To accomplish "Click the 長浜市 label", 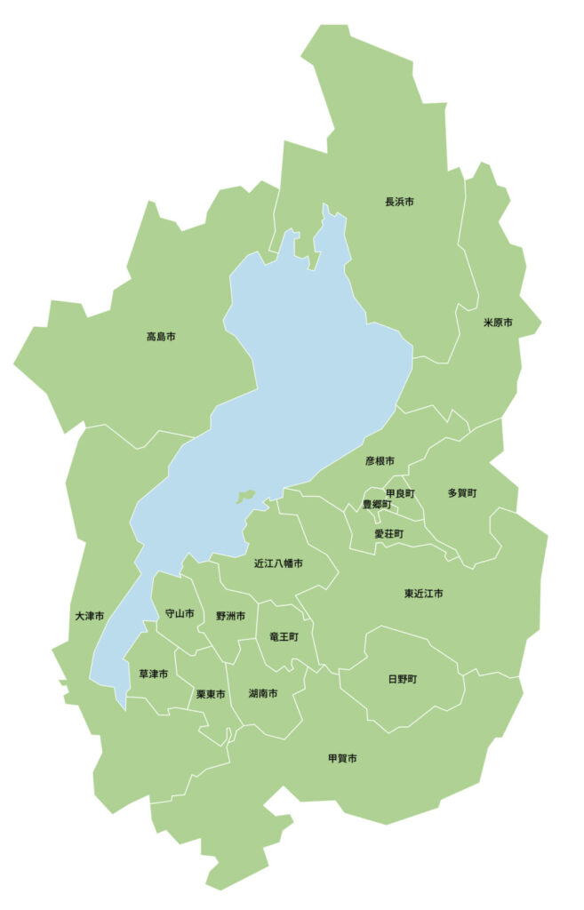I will pyautogui.click(x=399, y=202).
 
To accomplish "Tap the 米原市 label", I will pyautogui.click(x=498, y=322).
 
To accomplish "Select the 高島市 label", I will pyautogui.click(x=161, y=337).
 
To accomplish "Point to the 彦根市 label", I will pyautogui.click(x=380, y=461).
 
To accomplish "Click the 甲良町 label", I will pyautogui.click(x=399, y=492).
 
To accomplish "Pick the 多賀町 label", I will pyautogui.click(x=462, y=492).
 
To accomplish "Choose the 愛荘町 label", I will pyautogui.click(x=388, y=534).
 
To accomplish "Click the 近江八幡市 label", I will pyautogui.click(x=278, y=563).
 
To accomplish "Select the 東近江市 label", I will pyautogui.click(x=423, y=593).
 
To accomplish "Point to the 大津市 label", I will pyautogui.click(x=90, y=616).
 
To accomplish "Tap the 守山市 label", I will pyautogui.click(x=180, y=613).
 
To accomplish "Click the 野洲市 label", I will pyautogui.click(x=230, y=616).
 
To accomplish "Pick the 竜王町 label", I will pyautogui.click(x=284, y=636).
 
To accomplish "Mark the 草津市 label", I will pyautogui.click(x=154, y=675).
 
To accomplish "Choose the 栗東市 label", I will pyautogui.click(x=211, y=693).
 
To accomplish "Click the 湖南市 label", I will pyautogui.click(x=263, y=693).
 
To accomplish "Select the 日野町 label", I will pyautogui.click(x=402, y=679).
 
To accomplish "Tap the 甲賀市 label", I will pyautogui.click(x=342, y=758).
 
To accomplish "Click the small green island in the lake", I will pyautogui.click(x=246, y=497).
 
